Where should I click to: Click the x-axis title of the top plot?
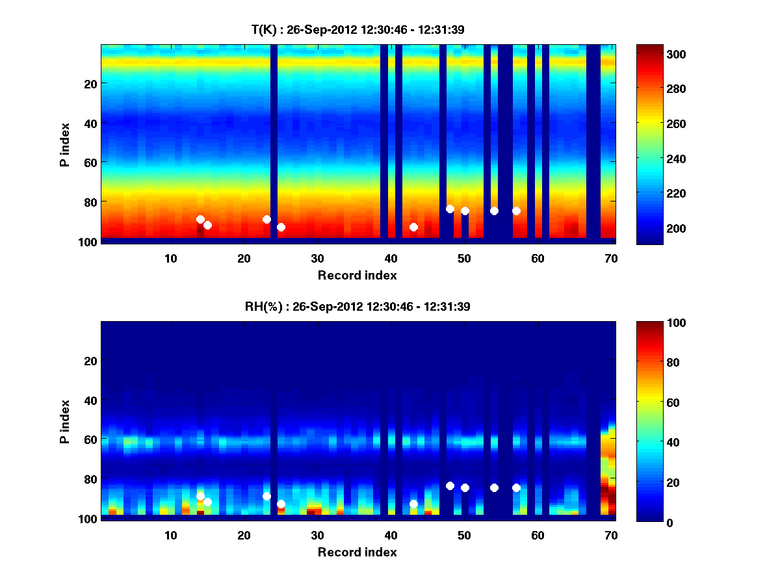coord(357,275)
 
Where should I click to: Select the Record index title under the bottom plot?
coord(357,552)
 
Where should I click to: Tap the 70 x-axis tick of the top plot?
coord(611,258)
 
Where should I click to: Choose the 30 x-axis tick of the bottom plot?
coord(317,535)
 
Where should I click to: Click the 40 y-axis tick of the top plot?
coord(90,123)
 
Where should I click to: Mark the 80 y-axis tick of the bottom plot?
coord(90,479)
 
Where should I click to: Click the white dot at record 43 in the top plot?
coord(413,227)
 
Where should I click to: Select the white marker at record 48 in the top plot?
coord(450,209)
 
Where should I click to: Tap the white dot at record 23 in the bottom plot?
coord(266,496)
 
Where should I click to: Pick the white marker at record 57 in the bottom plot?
coord(516,487)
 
